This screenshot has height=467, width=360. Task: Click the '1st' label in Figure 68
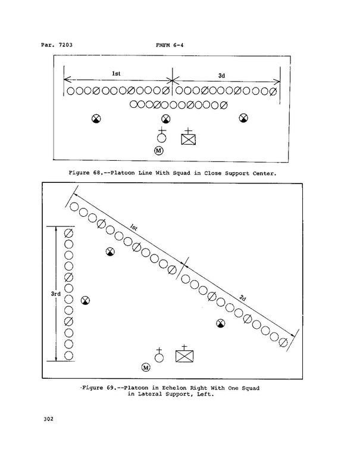pyautogui.click(x=116, y=74)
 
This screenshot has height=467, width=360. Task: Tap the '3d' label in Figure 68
pyautogui.click(x=221, y=76)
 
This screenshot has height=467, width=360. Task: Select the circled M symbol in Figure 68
pyautogui.click(x=158, y=151)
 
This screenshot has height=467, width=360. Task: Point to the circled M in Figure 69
pyautogui.click(x=146, y=368)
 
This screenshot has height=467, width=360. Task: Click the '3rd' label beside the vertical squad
pyautogui.click(x=56, y=294)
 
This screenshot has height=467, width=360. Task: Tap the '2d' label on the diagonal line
pyautogui.click(x=243, y=298)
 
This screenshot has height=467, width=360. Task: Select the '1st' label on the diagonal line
pyautogui.click(x=134, y=228)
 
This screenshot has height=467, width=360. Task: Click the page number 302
pyautogui.click(x=49, y=419)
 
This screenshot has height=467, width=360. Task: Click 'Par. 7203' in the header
pyautogui.click(x=57, y=45)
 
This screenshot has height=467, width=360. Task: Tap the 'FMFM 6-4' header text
pyautogui.click(x=170, y=45)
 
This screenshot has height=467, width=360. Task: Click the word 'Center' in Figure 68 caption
pyautogui.click(x=264, y=173)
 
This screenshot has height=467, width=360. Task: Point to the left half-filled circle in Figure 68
pyautogui.click(x=96, y=119)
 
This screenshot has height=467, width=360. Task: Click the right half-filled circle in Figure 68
pyautogui.click(x=243, y=118)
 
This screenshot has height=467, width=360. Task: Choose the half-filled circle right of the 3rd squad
pyautogui.click(x=86, y=300)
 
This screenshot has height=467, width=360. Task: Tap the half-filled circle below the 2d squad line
pyautogui.click(x=220, y=323)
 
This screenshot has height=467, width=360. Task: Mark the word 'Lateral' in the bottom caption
pyautogui.click(x=150, y=394)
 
